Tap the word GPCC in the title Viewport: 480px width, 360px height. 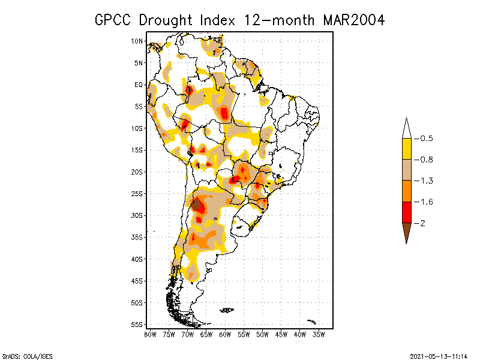[x=115, y=20]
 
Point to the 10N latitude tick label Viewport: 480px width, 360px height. [x=137, y=41]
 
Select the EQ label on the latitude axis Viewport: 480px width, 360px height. [x=138, y=85]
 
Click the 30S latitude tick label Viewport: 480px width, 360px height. [x=137, y=215]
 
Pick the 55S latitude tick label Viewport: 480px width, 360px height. [x=137, y=325]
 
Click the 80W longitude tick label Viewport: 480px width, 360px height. [x=150, y=334]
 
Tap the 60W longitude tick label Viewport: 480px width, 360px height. [x=225, y=334]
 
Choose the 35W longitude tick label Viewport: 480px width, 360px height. [x=319, y=334]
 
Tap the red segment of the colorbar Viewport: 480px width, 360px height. [x=406, y=212]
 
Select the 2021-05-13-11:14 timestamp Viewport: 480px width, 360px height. [x=439, y=355]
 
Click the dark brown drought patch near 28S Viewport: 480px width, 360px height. [x=197, y=205]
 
